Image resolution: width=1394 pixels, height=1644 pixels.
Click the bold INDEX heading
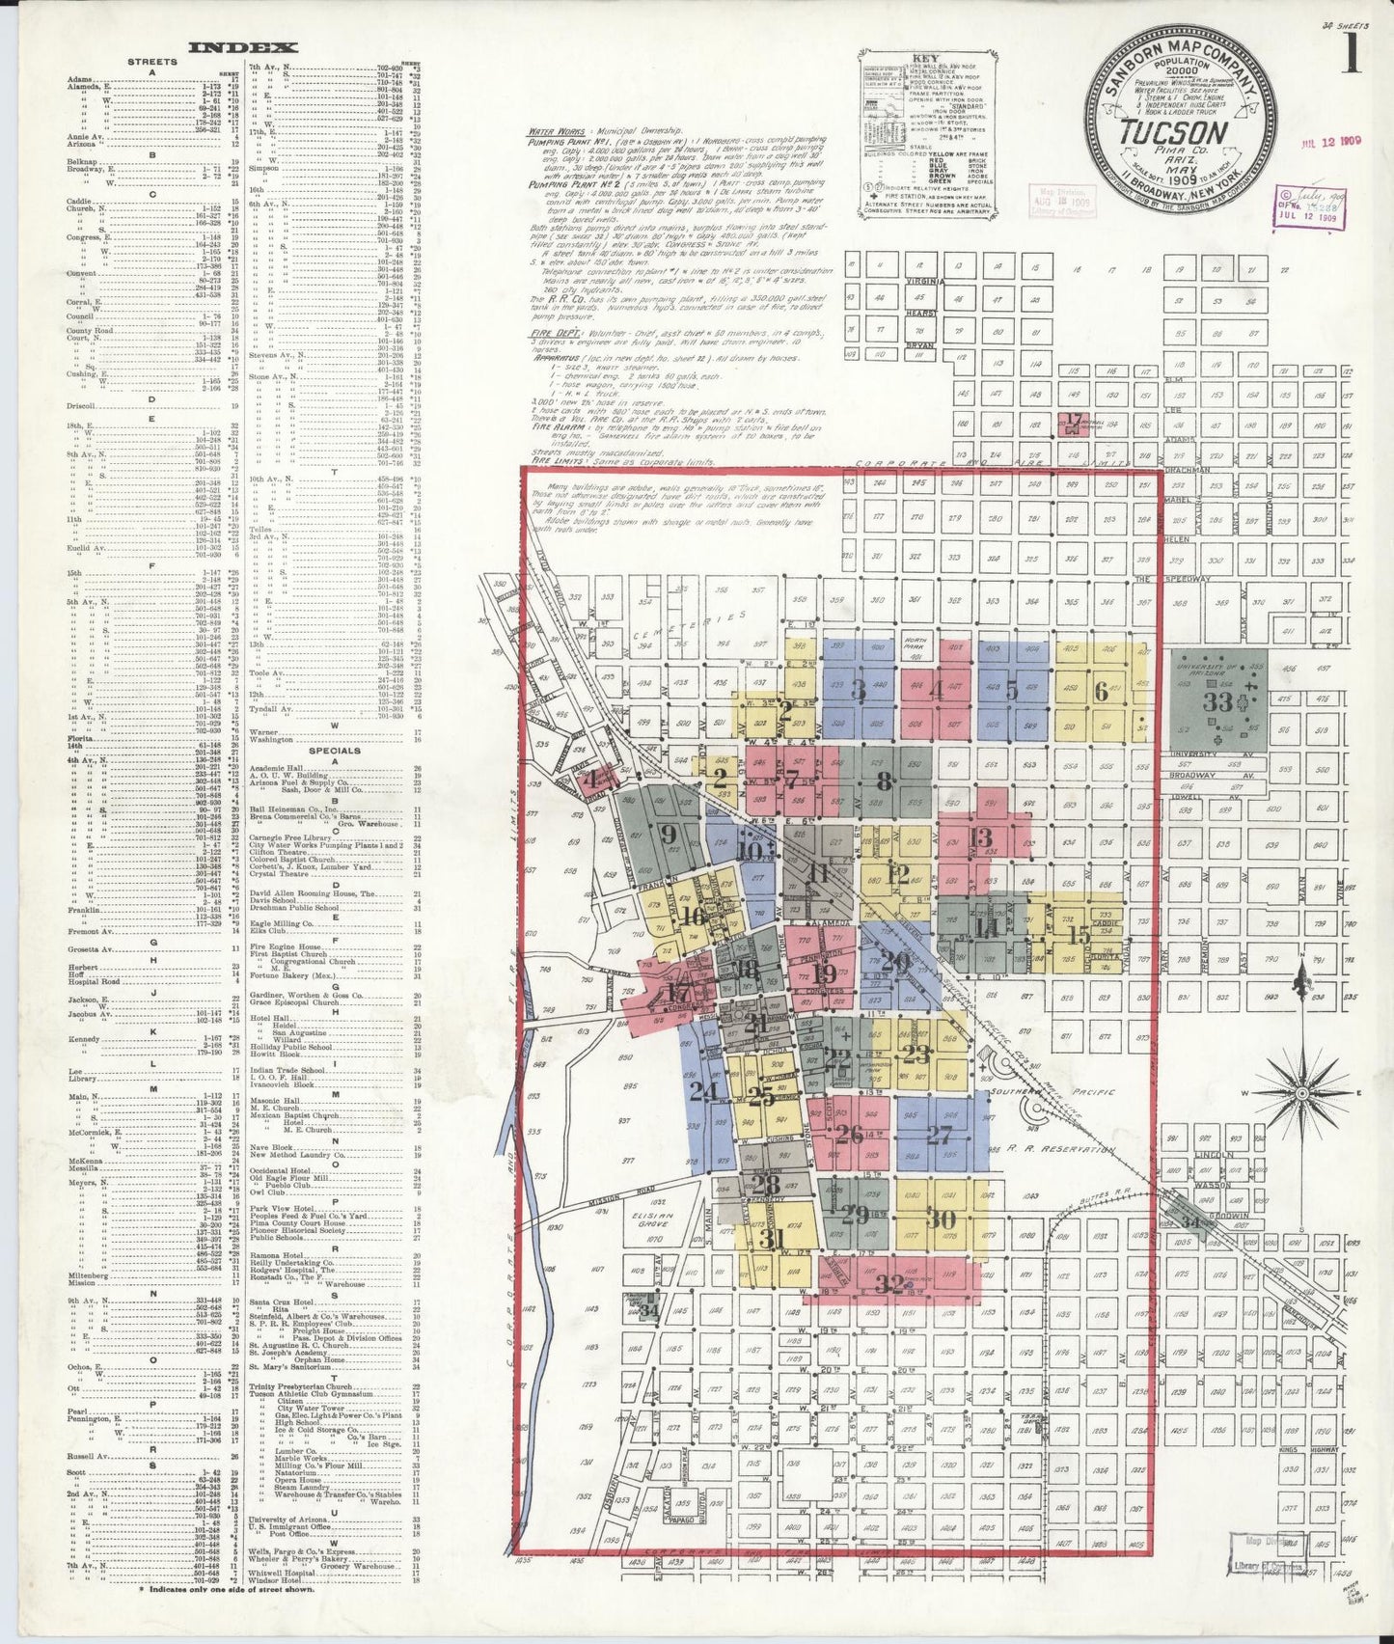click(242, 47)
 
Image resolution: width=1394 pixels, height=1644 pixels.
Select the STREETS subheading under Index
click(152, 62)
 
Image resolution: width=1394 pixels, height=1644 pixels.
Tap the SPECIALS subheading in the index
click(334, 750)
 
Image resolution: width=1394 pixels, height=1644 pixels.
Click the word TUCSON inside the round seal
click(1173, 132)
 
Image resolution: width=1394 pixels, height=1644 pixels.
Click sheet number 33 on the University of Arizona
click(1217, 701)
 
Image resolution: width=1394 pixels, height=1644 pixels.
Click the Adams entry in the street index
click(80, 78)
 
